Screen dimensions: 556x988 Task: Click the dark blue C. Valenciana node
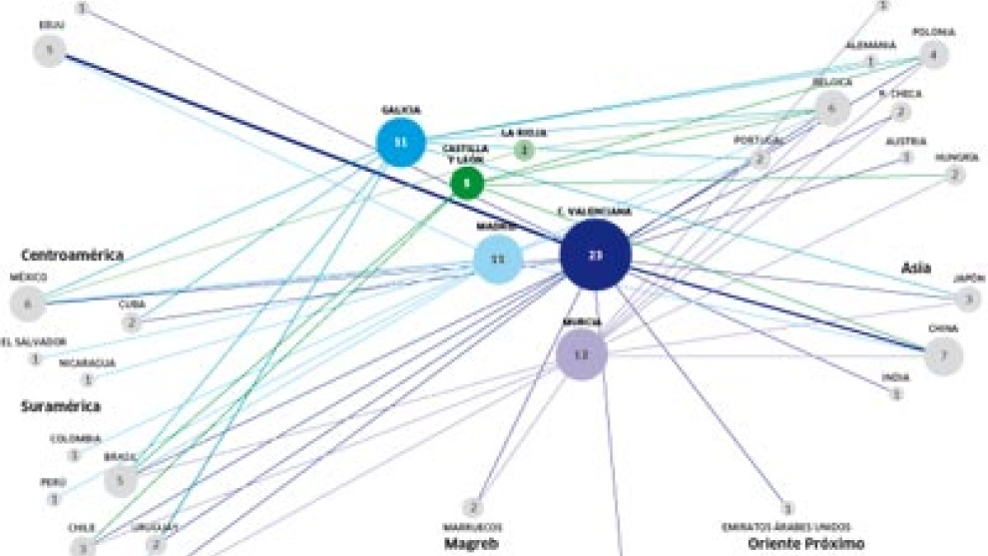click(595, 256)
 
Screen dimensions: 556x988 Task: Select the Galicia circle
click(400, 143)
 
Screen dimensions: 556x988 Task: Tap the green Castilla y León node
click(466, 183)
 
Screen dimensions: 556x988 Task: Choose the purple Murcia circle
click(582, 354)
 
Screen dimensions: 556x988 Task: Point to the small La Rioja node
click(524, 150)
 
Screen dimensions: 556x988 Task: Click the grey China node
click(943, 354)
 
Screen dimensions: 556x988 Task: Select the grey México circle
click(28, 302)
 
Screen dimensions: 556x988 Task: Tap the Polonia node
click(932, 55)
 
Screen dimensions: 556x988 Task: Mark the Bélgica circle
click(831, 109)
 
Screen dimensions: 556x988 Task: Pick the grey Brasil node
click(120, 479)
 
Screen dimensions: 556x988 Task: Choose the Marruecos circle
click(474, 508)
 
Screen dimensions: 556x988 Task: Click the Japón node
click(966, 297)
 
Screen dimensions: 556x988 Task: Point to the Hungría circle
click(955, 176)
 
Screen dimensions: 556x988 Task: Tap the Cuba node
click(132, 323)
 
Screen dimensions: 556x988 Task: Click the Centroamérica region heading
click(73, 256)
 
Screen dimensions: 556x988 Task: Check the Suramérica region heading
click(61, 406)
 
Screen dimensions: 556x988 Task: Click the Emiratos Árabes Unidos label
click(787, 526)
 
